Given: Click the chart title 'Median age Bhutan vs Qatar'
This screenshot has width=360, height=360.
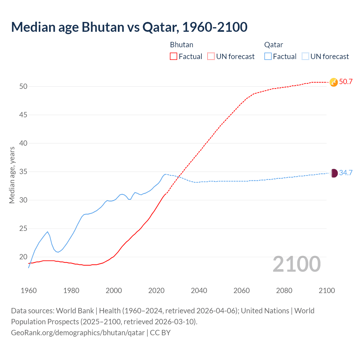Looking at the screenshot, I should point(129,27).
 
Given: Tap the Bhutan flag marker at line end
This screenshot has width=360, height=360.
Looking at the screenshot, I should point(333,82).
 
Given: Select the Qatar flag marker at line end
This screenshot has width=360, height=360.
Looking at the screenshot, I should point(334,173).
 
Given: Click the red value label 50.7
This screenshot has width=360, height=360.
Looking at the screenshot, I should point(346,82).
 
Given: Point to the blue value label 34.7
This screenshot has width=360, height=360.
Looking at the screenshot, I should point(346,173).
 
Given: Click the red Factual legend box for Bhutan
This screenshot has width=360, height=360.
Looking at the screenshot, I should point(174,57).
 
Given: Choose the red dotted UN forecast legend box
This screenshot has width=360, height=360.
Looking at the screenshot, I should point(211,57).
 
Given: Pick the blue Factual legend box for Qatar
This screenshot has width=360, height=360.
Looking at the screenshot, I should point(268,57).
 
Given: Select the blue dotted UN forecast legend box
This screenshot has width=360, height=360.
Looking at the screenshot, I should point(305,57).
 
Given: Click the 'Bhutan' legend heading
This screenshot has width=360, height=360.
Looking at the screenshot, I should point(182,45).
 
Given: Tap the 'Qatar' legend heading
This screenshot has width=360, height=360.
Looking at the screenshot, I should point(273,45).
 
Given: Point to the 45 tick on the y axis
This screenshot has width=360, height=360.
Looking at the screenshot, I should point(23,115).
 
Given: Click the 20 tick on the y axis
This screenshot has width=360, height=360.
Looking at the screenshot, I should point(23,257).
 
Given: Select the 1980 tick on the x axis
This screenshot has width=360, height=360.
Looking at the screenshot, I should point(71,291).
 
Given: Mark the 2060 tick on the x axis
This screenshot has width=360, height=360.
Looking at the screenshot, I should point(242,291).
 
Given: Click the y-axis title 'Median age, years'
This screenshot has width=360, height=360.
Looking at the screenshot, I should point(12,175).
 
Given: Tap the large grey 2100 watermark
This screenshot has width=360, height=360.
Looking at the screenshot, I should point(296,264).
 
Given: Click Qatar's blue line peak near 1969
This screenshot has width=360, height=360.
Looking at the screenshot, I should point(48,232).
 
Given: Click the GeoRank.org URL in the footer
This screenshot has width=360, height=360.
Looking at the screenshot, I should point(78,333).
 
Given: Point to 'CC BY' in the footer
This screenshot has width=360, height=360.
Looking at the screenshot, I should point(160,333).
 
